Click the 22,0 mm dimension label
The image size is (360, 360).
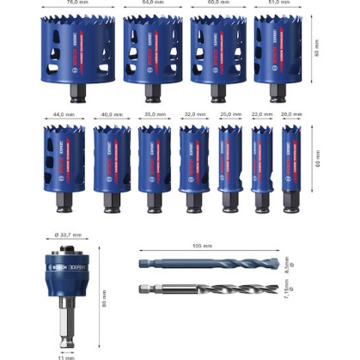click(261, 114)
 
